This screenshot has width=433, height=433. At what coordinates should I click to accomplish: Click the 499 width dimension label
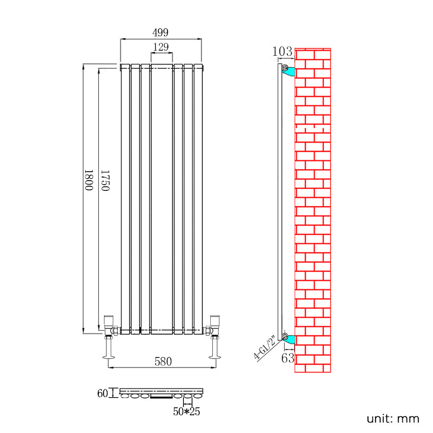(x=160, y=32)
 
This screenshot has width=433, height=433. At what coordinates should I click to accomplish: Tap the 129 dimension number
(x=161, y=47)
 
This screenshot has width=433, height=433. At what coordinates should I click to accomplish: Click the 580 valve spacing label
(x=163, y=361)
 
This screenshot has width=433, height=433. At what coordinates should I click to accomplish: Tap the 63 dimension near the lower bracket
(x=288, y=358)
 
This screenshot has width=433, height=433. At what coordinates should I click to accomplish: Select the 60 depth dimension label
(x=103, y=393)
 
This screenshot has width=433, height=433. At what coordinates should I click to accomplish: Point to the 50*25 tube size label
(x=186, y=412)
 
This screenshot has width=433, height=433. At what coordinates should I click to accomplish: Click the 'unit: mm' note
(x=393, y=418)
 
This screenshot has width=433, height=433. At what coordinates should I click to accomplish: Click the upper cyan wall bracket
(x=289, y=71)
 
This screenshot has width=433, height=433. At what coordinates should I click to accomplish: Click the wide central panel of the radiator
(x=162, y=199)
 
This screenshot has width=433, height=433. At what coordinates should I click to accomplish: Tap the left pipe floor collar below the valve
(x=108, y=357)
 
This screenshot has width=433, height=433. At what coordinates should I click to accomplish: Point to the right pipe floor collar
(x=215, y=357)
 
